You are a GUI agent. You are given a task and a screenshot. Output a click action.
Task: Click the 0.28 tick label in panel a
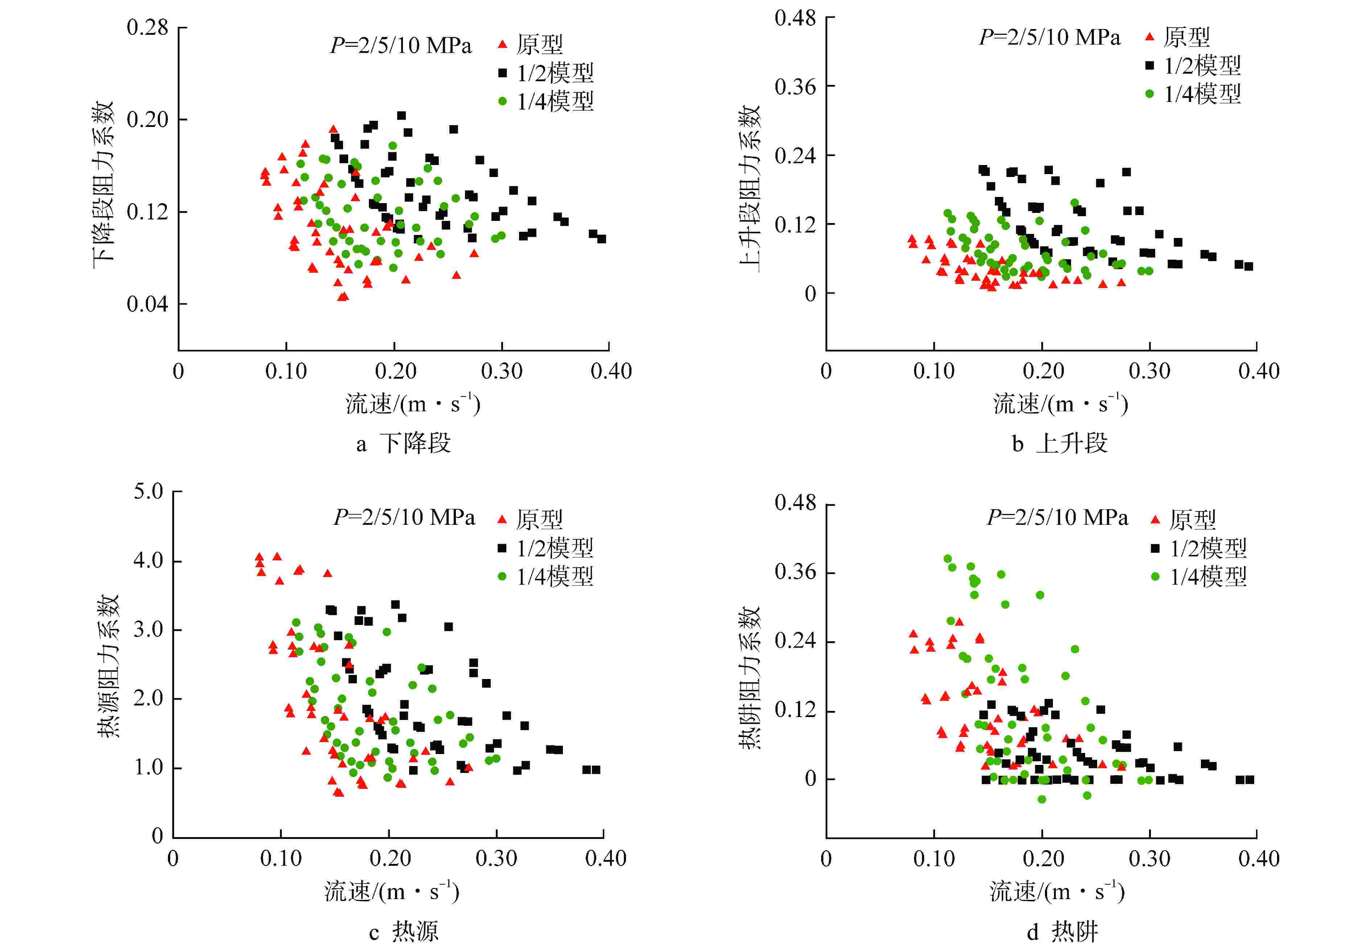[147, 28]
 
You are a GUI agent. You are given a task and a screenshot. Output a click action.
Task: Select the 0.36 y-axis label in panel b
[795, 87]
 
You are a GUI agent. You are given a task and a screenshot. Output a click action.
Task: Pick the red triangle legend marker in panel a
[502, 44]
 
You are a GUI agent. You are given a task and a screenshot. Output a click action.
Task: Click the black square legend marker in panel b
[1149, 66]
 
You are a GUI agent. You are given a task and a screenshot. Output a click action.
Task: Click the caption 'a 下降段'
[403, 443]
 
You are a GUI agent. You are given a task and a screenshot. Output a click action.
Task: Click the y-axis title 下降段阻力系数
[103, 185]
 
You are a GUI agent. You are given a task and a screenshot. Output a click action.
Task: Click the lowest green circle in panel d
[1042, 799]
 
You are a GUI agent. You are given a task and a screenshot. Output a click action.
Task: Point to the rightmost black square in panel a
[602, 239]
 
